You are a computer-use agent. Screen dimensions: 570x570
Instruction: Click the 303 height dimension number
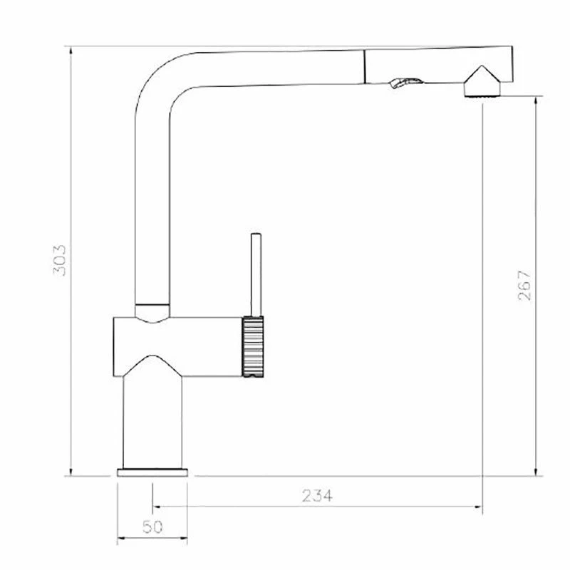coord(60,260)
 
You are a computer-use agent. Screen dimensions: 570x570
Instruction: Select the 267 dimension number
coord(524,285)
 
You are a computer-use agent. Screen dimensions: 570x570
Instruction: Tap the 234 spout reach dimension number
coord(317,495)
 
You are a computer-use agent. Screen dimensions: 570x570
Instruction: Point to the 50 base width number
coord(152,527)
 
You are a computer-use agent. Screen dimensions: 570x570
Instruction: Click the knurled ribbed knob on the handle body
coord(253,346)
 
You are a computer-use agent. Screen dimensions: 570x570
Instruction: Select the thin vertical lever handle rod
coord(256,274)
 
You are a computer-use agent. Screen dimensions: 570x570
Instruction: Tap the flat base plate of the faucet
coord(152,472)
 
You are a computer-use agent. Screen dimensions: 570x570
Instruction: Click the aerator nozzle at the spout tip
coord(482,90)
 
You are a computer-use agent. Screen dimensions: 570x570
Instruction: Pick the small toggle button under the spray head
coord(405,82)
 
